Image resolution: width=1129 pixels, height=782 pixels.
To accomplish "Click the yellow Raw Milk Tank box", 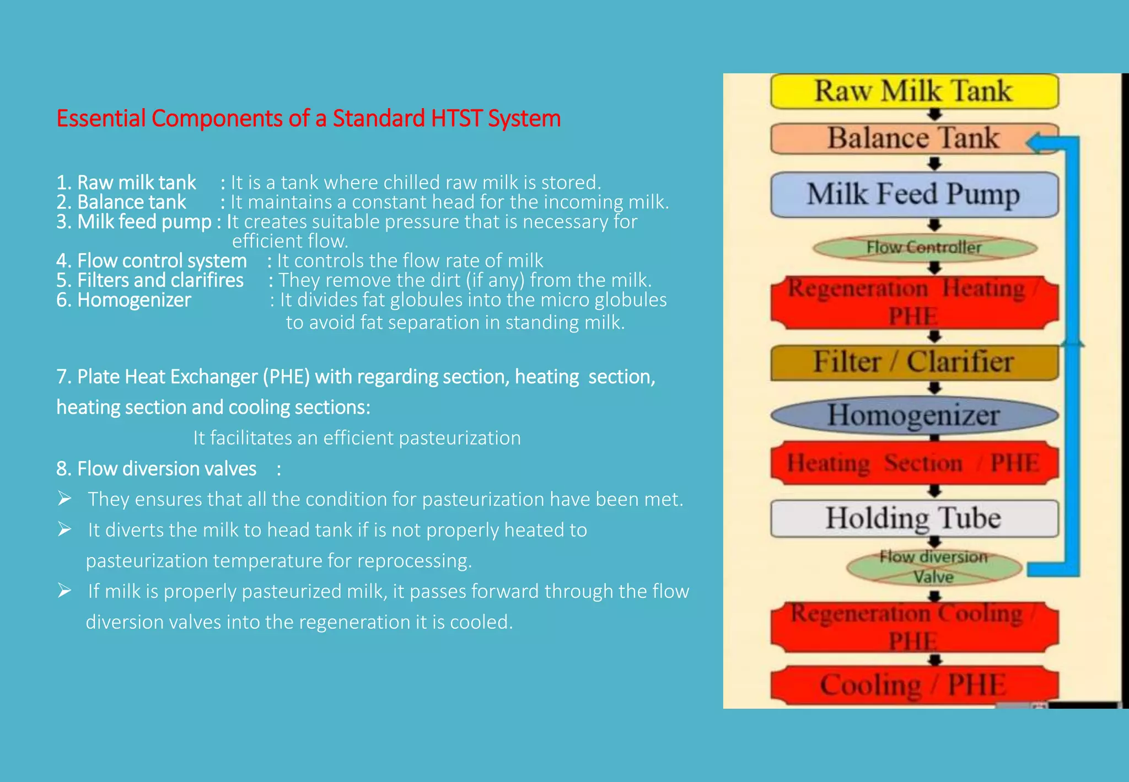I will [x=914, y=91].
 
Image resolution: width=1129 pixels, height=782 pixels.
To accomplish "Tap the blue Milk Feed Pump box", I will [x=914, y=195].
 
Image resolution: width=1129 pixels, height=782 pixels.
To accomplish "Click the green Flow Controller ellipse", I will [x=924, y=248].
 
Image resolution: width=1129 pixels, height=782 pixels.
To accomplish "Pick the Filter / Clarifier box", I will [x=914, y=362].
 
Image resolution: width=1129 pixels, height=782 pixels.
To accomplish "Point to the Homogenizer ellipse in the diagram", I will [x=914, y=415].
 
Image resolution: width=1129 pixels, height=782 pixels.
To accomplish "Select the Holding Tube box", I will [x=914, y=518].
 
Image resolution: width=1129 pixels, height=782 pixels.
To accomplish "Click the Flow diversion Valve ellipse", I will [x=934, y=567].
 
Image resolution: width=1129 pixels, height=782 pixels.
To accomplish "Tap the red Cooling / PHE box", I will [x=914, y=685].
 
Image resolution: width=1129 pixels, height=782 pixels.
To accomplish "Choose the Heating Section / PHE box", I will [x=914, y=463].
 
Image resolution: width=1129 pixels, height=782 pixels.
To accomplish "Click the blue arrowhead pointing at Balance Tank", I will [x=1035, y=143].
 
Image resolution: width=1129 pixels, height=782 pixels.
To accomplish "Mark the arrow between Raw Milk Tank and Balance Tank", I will [x=934, y=115].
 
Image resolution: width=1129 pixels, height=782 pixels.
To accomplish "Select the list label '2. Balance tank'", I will [x=121, y=202].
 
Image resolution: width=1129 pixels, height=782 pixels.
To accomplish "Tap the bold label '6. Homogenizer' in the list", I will [x=123, y=300].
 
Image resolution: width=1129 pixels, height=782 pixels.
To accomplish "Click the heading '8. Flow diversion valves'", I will [x=156, y=469].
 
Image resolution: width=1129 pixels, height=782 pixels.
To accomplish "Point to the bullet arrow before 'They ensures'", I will [x=65, y=499].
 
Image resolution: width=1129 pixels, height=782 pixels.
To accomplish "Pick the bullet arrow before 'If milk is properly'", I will [x=65, y=591].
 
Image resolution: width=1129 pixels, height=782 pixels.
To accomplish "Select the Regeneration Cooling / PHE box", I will [x=914, y=627].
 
